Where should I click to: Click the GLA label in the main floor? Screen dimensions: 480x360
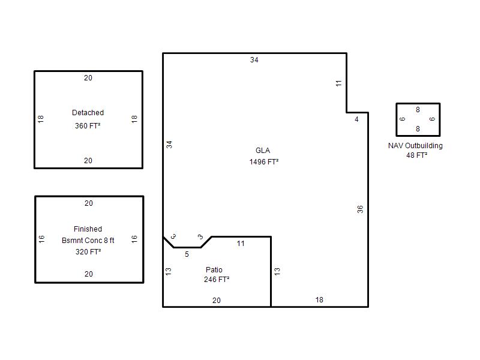(263, 151)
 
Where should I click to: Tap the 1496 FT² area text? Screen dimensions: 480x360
(264, 161)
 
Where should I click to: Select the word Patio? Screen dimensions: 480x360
(214, 269)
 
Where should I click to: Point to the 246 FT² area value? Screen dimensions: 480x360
(217, 280)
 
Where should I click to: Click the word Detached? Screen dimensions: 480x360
(88, 113)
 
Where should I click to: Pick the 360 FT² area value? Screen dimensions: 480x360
(88, 126)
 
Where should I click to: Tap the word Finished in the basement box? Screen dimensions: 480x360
(88, 229)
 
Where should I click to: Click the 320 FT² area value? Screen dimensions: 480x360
(88, 252)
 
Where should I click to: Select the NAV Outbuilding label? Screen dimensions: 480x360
(415, 146)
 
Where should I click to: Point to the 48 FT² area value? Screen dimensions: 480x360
(416, 155)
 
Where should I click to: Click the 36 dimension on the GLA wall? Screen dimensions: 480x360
(361, 209)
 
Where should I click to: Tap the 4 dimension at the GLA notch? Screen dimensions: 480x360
(356, 119)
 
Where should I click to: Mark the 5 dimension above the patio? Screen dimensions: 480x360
(187, 254)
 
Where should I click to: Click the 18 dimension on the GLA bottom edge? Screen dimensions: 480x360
(319, 300)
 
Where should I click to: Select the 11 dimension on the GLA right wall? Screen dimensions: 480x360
(338, 83)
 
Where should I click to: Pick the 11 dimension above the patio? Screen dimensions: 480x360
(241, 244)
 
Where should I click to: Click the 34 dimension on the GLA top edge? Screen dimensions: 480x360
(254, 60)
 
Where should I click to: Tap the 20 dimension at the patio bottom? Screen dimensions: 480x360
(217, 301)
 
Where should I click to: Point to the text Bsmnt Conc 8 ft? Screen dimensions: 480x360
(88, 241)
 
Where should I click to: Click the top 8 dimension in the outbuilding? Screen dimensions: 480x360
(418, 110)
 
